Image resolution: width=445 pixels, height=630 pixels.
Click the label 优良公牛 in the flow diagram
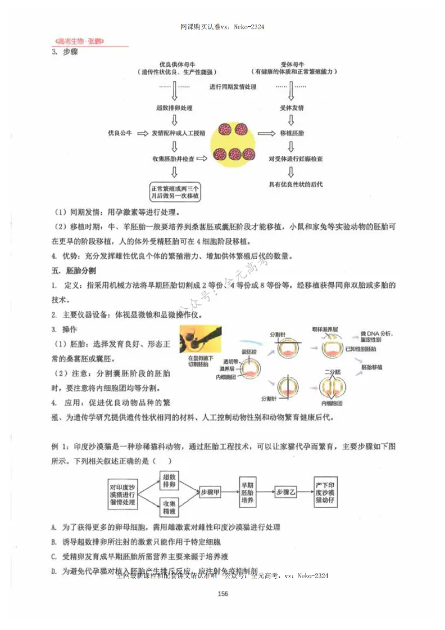tap(120, 134)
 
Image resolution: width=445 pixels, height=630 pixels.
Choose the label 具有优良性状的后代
tap(295, 184)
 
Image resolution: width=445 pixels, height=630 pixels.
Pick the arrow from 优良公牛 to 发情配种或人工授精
tap(142, 134)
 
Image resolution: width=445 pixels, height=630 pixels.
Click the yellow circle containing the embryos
tap(233, 142)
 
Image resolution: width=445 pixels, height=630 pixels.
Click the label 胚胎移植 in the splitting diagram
tap(372, 368)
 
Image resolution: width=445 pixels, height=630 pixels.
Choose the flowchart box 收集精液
tap(169, 506)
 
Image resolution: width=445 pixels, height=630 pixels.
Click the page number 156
tap(223, 594)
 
